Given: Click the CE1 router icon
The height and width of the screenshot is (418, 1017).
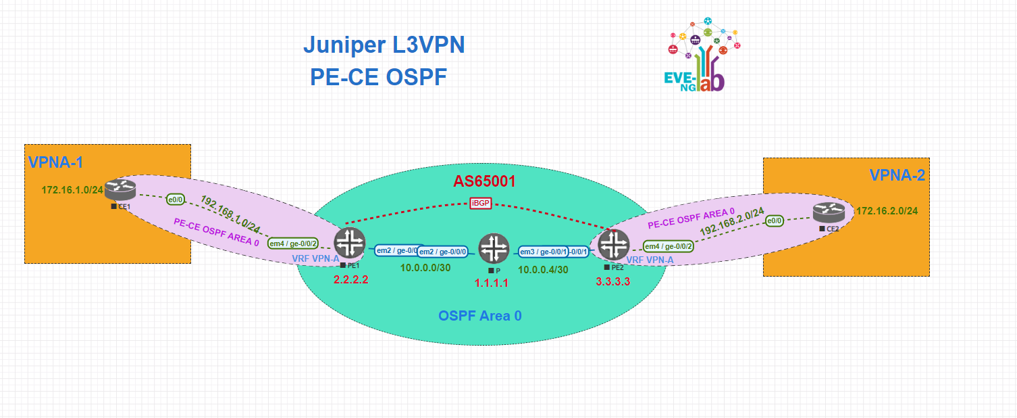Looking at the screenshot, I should (121, 189).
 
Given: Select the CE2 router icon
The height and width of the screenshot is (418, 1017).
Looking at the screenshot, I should (829, 213).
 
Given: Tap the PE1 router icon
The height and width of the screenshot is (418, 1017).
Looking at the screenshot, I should (349, 243).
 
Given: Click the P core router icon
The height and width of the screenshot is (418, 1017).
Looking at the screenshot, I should (494, 248).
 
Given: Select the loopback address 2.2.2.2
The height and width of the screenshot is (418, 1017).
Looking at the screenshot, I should (351, 279).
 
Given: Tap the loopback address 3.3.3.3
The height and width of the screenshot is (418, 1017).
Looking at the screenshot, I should (613, 281).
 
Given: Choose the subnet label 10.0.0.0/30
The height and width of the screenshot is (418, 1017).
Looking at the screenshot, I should (426, 268).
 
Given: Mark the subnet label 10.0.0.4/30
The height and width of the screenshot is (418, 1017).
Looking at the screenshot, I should (543, 269).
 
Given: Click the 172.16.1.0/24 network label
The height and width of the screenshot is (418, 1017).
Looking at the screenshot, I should (72, 190).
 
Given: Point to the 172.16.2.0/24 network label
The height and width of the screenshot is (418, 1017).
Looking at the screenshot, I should (887, 211).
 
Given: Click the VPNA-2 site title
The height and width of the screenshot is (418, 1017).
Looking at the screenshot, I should (897, 175).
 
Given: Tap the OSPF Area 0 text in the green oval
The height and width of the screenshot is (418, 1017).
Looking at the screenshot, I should (479, 315).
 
